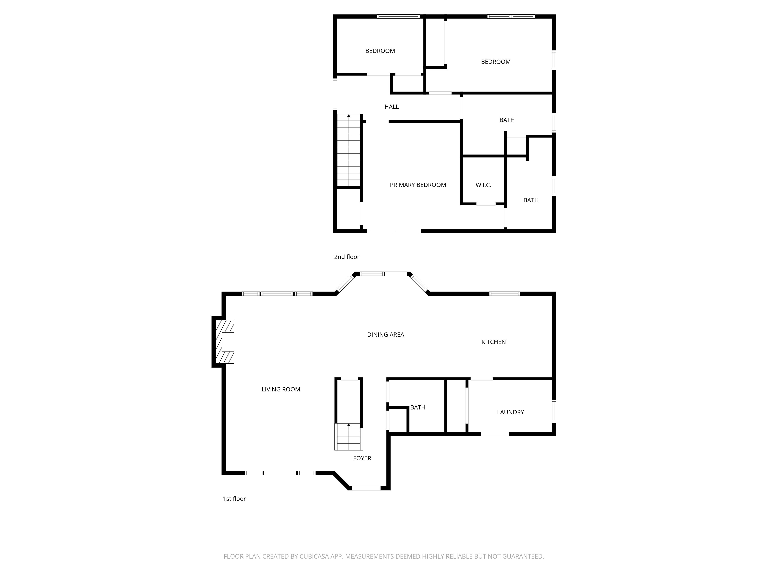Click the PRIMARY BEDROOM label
point(418,185)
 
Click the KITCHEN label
point(493,342)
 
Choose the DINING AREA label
point(386,335)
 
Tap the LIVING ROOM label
point(281,389)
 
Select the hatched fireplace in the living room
point(225,342)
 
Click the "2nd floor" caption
point(347,257)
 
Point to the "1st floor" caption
point(234,499)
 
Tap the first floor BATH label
point(418,407)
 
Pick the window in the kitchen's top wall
point(505,294)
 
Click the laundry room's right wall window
point(554,411)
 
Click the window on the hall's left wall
point(335,94)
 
